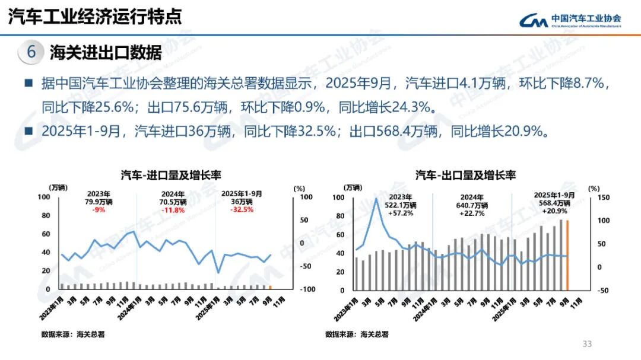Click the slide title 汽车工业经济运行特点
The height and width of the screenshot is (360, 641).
[95, 16]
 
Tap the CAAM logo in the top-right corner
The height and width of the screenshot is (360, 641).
[570, 21]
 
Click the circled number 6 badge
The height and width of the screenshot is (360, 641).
[31, 52]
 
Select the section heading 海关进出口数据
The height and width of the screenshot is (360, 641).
[106, 53]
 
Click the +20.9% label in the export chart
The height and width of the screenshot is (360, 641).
[554, 211]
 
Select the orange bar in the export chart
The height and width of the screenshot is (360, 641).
[567, 255]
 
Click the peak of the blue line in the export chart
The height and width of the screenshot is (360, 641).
[376, 199]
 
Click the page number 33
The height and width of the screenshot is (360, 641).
[588, 344]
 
